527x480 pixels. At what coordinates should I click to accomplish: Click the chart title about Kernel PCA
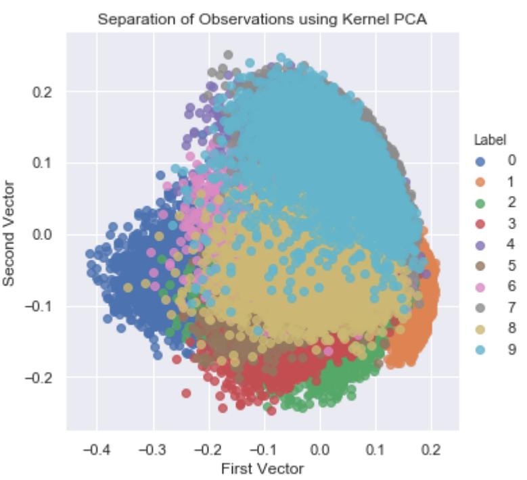coord(263,20)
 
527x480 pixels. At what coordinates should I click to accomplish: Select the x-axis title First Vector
coord(262,468)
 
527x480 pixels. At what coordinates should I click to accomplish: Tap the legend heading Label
coord(485,141)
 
